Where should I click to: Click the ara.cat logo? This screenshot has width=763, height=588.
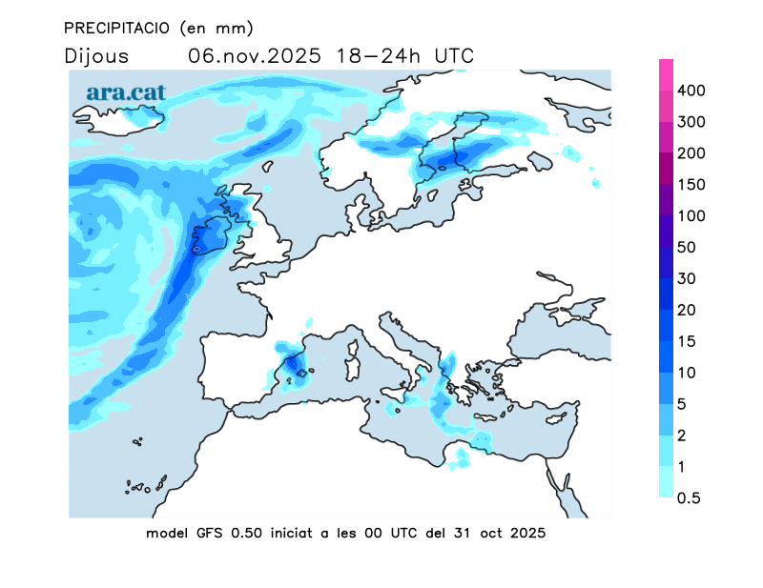pyautogui.click(x=126, y=92)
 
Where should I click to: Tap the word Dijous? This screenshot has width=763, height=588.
pyautogui.click(x=98, y=56)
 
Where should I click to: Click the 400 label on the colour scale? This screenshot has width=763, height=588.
pyautogui.click(x=691, y=91)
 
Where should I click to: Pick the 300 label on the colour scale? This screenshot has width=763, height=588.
pyautogui.click(x=691, y=122)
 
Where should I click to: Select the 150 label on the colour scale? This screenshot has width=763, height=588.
pyautogui.click(x=691, y=185)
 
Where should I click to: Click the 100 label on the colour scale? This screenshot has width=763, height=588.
pyautogui.click(x=691, y=216)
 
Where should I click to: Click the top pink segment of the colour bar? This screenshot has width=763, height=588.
pyautogui.click(x=667, y=74)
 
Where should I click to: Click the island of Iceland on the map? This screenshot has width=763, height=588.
pyautogui.click(x=119, y=120)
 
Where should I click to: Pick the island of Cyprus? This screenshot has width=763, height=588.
pyautogui.click(x=559, y=419)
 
